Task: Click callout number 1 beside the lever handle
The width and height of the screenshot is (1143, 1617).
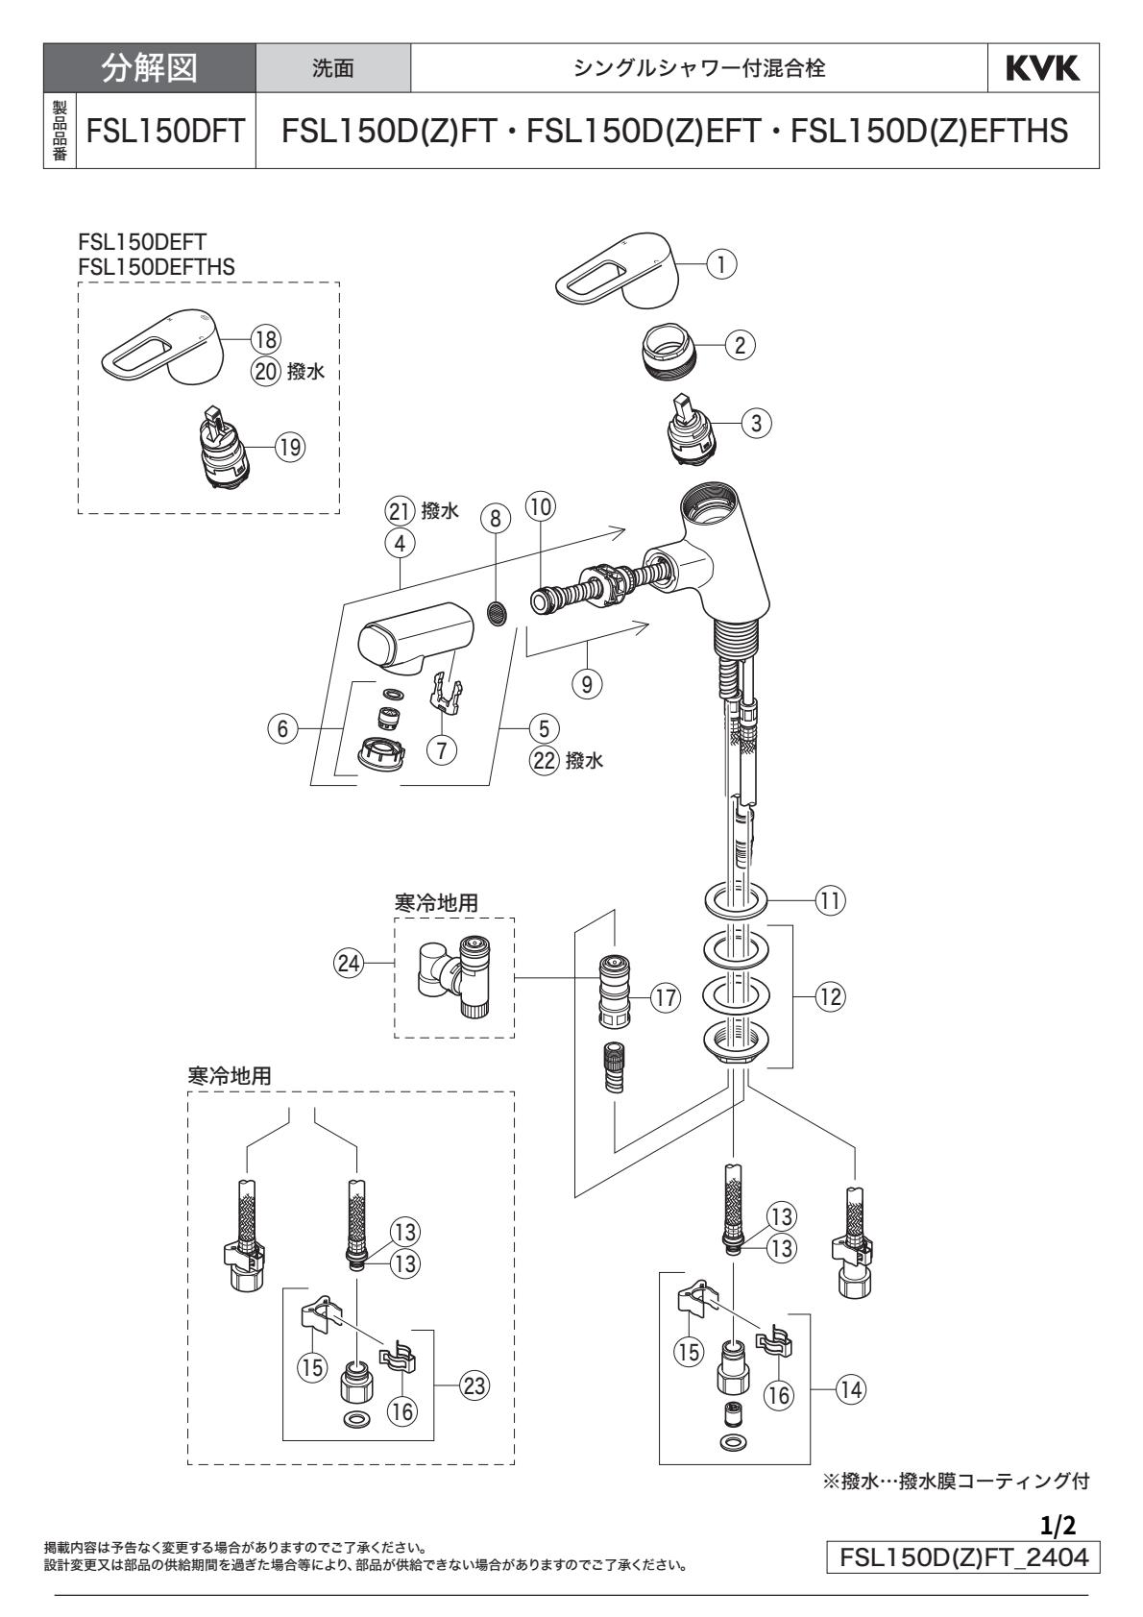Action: pos(721,262)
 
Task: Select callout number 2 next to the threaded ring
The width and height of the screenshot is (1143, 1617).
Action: pos(740,344)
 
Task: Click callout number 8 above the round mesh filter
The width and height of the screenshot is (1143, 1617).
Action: pos(495,519)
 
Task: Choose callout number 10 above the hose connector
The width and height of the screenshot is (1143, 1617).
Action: pos(542,505)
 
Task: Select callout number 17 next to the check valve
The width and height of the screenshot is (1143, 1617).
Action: pos(664,997)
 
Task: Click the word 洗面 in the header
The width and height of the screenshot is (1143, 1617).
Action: pos(333,68)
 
